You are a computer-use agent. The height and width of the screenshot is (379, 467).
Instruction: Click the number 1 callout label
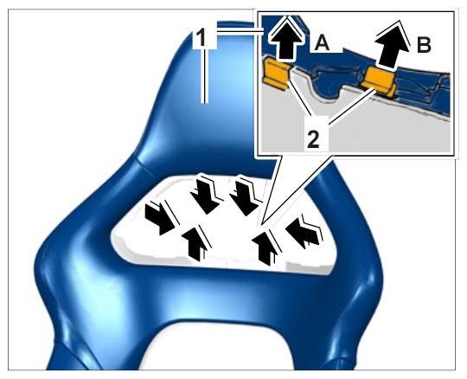(202, 39)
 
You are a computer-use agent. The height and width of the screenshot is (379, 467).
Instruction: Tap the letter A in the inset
(322, 44)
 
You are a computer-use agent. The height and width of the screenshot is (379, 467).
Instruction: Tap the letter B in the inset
(424, 46)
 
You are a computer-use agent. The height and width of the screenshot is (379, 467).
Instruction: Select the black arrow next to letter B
(390, 46)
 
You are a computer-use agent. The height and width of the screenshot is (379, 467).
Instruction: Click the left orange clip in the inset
(277, 73)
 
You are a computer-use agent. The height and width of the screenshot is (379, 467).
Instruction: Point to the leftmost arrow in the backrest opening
(160, 218)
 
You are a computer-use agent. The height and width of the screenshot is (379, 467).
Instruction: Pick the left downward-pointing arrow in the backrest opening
(207, 195)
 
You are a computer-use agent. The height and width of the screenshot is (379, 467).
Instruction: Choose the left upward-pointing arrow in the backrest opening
(196, 242)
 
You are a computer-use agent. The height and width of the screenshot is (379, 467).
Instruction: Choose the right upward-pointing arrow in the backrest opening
(266, 247)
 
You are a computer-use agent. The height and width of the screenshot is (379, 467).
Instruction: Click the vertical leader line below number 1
(204, 76)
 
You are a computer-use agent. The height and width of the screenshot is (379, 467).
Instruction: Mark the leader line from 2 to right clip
(352, 105)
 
